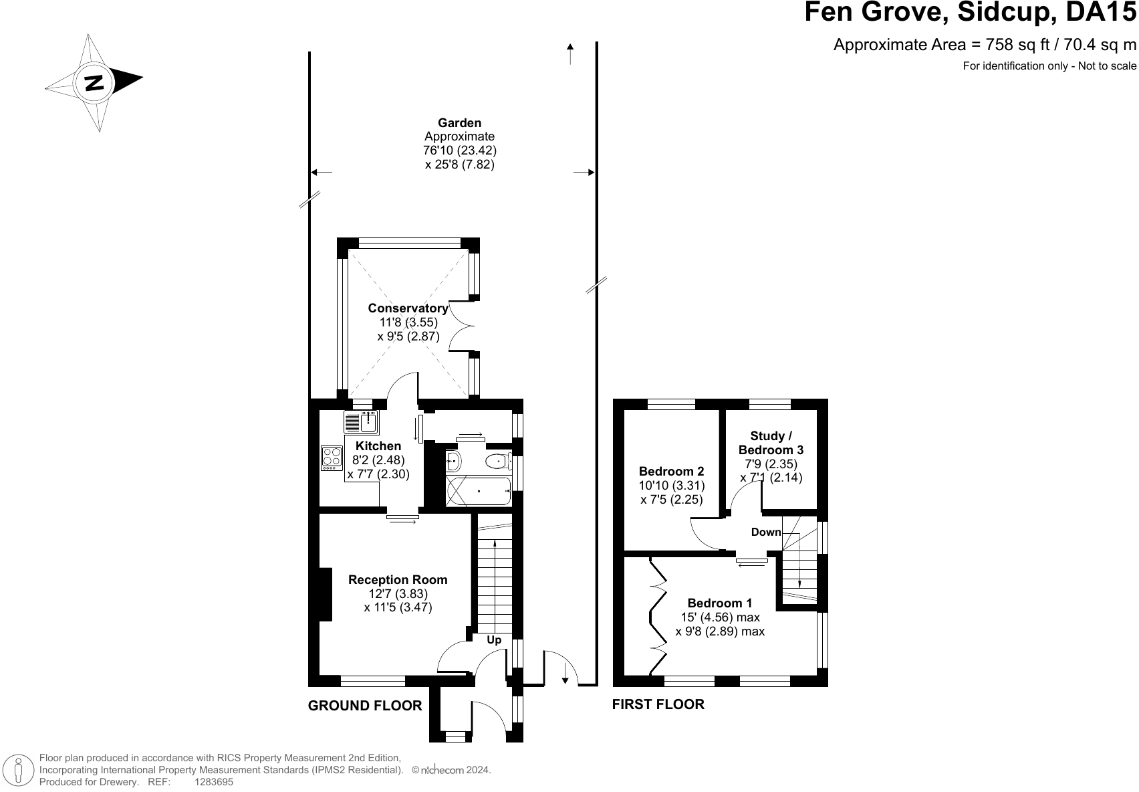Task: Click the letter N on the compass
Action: (94, 82)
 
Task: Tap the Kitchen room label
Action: (378, 446)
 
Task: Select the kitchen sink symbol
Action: (361, 423)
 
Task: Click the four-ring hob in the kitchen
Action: (332, 458)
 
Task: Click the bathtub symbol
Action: (479, 491)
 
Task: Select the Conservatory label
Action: (408, 308)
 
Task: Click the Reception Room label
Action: (398, 580)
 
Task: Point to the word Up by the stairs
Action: (494, 640)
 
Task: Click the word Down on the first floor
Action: (766, 532)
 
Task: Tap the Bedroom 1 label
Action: (719, 603)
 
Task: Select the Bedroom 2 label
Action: (671, 472)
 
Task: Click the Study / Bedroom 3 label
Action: (771, 443)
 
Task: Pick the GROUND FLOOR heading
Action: (365, 706)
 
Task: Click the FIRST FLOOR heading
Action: (658, 704)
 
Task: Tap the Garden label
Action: (460, 122)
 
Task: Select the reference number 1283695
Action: (214, 782)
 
